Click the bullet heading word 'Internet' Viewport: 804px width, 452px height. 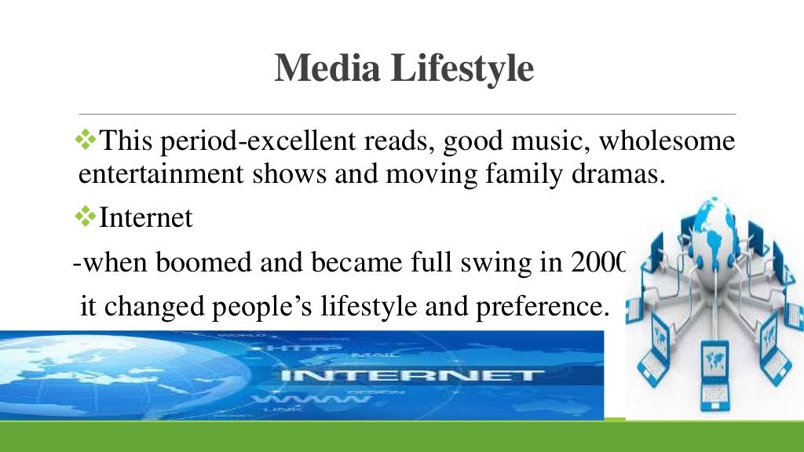[x=146, y=217]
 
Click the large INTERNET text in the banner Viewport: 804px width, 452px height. [x=408, y=375]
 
